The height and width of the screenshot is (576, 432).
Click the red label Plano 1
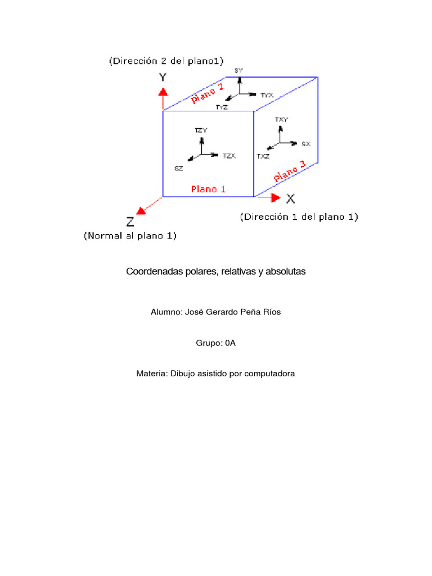click(x=208, y=189)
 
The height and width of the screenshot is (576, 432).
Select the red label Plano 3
click(x=289, y=171)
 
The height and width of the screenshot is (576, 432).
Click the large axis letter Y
click(x=162, y=76)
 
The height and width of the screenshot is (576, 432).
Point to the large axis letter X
click(x=290, y=198)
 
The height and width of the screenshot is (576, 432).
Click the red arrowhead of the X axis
click(x=275, y=197)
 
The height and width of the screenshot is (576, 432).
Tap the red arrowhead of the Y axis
click(x=163, y=92)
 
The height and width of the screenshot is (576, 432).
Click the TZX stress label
click(x=228, y=155)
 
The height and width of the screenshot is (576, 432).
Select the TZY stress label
click(x=201, y=130)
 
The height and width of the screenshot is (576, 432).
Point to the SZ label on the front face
click(x=178, y=168)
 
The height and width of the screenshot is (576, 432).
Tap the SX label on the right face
click(x=305, y=144)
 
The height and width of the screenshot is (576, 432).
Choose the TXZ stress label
click(x=263, y=156)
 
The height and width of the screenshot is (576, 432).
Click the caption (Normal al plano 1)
click(x=130, y=236)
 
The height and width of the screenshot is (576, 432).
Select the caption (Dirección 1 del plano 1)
click(x=299, y=217)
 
